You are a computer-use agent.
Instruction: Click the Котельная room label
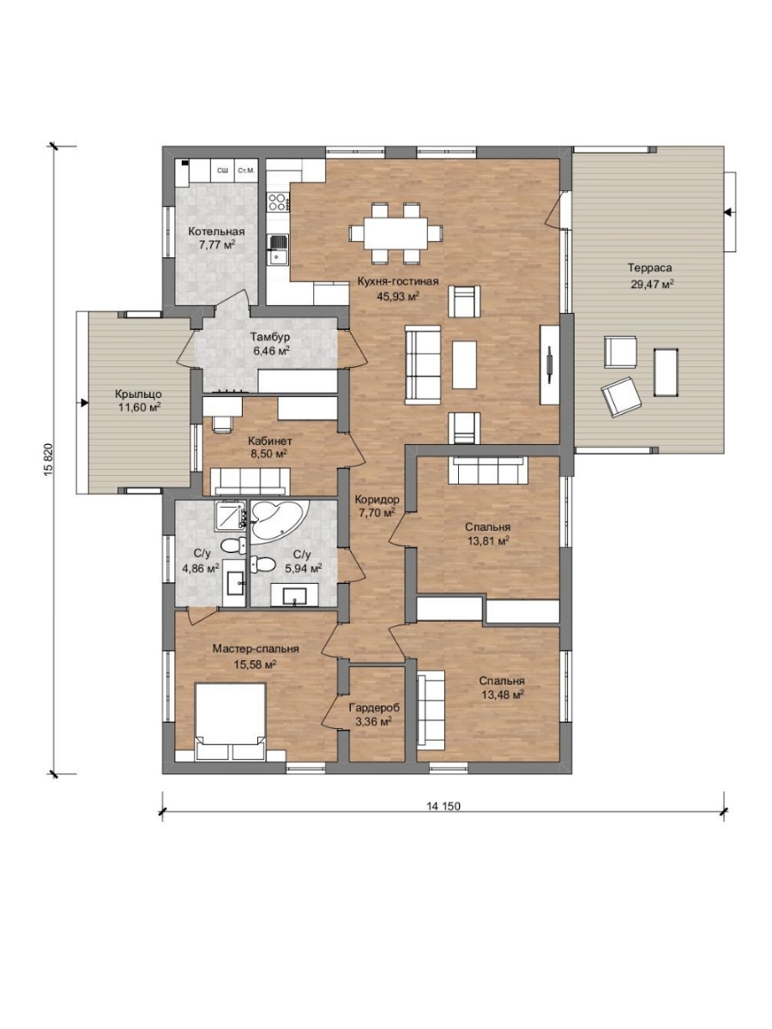pyautogui.click(x=216, y=232)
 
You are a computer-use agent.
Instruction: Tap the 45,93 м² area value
pyautogui.click(x=397, y=296)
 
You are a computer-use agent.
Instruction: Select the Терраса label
pyautogui.click(x=649, y=268)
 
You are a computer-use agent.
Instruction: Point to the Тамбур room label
pyautogui.click(x=269, y=337)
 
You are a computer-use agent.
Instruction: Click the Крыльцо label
pyautogui.click(x=139, y=394)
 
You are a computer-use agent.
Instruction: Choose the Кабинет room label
pyautogui.click(x=270, y=441)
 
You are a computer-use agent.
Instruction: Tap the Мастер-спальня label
pyautogui.click(x=256, y=649)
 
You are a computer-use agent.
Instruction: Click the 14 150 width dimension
pyautogui.click(x=443, y=806)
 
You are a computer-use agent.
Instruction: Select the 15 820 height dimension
pyautogui.click(x=48, y=460)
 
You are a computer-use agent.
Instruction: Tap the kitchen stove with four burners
pyautogui.click(x=277, y=202)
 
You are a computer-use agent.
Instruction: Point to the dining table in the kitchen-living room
pyautogui.click(x=396, y=233)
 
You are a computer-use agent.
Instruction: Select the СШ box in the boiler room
pyautogui.click(x=223, y=171)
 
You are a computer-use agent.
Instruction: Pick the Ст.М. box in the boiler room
pyautogui.click(x=245, y=171)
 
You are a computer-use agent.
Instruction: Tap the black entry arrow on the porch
pyautogui.click(x=84, y=402)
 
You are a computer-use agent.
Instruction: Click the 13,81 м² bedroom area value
pyautogui.click(x=488, y=541)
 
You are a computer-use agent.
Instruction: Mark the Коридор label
pyautogui.click(x=377, y=499)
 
